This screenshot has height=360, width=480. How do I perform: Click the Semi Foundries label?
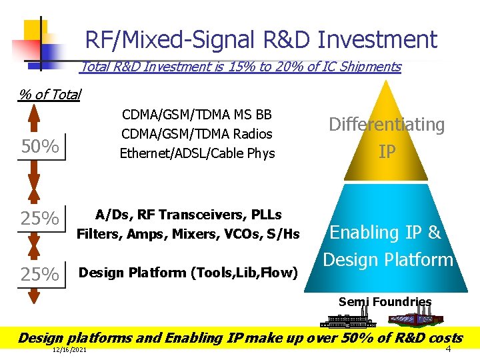pyautogui.click(x=385, y=301)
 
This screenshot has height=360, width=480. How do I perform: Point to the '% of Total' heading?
pyautogui.click(x=49, y=95)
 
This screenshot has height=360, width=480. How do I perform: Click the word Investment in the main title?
pyautogui.click(x=377, y=40)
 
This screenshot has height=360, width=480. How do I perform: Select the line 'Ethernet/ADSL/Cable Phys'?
pyautogui.click(x=197, y=153)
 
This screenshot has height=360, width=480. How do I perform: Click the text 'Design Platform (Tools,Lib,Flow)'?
pyautogui.click(x=188, y=272)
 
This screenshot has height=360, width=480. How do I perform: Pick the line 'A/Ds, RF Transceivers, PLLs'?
pyautogui.click(x=188, y=215)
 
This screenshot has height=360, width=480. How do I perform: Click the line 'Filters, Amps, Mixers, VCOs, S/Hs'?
pyautogui.click(x=188, y=234)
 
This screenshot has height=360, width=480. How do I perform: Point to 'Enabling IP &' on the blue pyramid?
pyautogui.click(x=385, y=232)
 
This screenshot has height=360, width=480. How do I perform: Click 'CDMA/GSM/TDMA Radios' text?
pyautogui.click(x=197, y=133)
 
